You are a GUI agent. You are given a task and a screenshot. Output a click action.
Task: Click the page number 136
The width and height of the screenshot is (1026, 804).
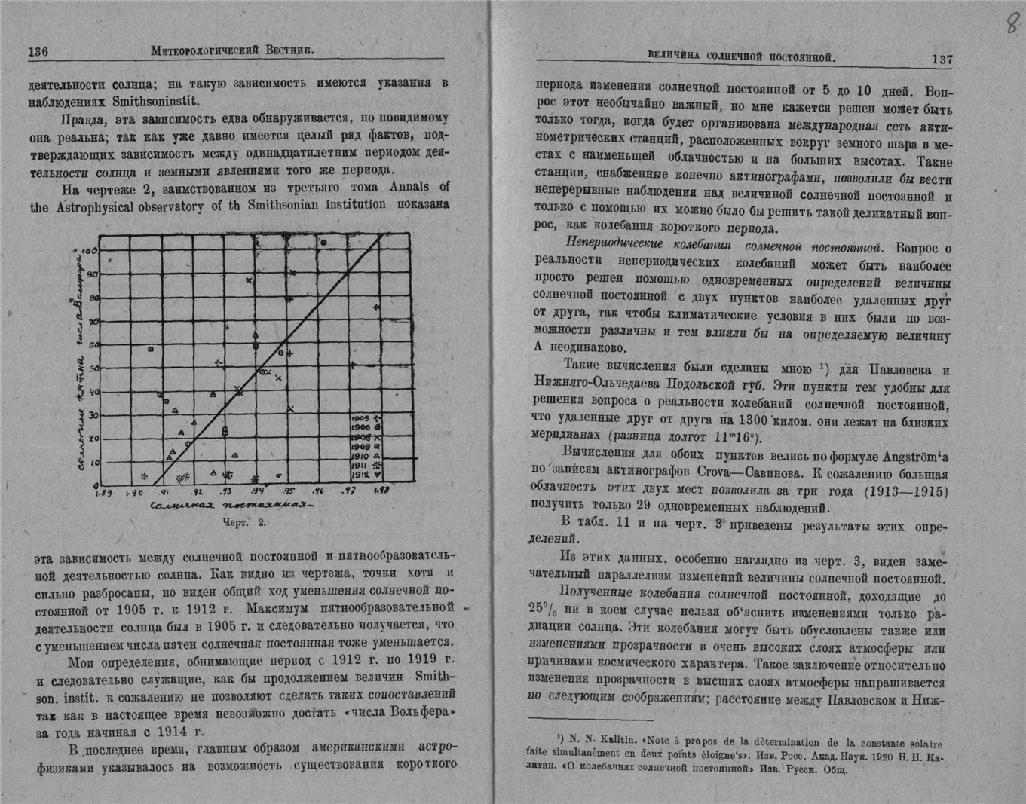coord(38,51)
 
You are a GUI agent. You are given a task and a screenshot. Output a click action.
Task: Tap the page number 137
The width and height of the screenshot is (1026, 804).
coord(942,59)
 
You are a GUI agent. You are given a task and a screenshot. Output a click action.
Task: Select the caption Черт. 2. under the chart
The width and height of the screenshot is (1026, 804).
coord(244,521)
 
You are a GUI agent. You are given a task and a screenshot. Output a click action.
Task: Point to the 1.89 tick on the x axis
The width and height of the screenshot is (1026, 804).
coord(104,493)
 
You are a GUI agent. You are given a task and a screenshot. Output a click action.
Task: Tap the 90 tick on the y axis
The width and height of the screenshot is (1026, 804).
coord(92,274)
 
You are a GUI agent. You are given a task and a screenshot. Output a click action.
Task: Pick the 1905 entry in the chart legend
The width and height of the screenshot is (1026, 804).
coord(367,417)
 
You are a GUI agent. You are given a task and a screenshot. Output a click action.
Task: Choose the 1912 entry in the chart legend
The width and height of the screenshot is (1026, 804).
coord(367,475)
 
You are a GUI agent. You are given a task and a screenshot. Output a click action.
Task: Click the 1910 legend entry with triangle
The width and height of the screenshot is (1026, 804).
coord(367,456)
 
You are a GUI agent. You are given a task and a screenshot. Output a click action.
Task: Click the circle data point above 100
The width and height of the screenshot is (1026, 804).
coord(323,243)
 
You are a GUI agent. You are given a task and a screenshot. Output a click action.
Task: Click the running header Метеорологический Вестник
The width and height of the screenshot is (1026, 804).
coord(232,50)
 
